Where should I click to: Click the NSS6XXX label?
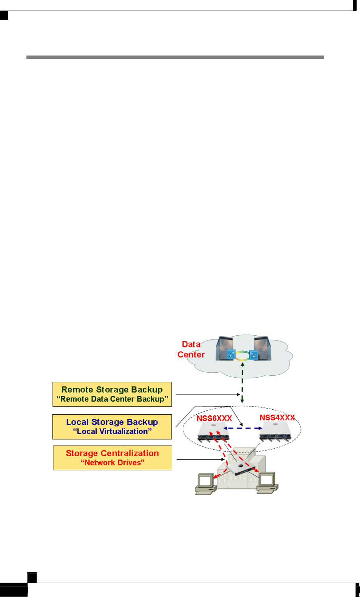coord(214,418)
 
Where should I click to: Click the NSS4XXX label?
coord(277,417)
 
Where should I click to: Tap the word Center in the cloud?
coord(191,355)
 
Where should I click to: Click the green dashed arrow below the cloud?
coord(242,383)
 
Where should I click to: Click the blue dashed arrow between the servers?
coord(243,428)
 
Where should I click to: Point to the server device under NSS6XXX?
coord(213,432)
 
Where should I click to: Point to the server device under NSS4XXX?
coord(276,432)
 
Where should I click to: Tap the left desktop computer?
coord(206,484)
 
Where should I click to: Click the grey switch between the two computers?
coord(240,469)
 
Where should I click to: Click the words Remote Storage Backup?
coord(112,389)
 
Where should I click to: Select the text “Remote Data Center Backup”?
coord(112,399)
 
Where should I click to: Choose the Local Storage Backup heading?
coord(112,422)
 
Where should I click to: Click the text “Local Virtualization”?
coord(112,431)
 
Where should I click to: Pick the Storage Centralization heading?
coord(112,453)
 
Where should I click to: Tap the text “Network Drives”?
coord(113,463)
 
